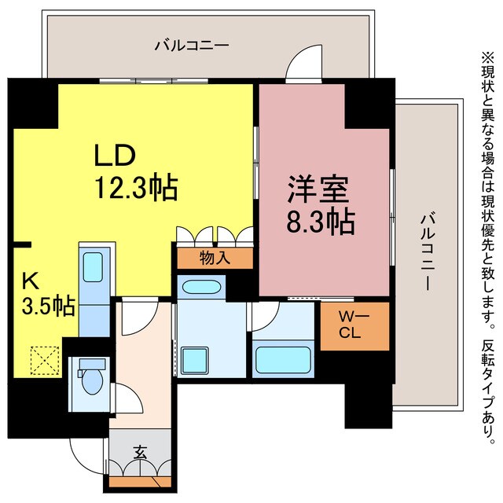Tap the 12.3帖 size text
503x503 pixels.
click(135, 188)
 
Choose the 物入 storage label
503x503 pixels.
click(215, 258)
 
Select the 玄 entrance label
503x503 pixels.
click(140, 453)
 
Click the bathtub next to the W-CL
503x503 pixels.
click(283, 361)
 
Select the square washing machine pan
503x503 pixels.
click(194, 361)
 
